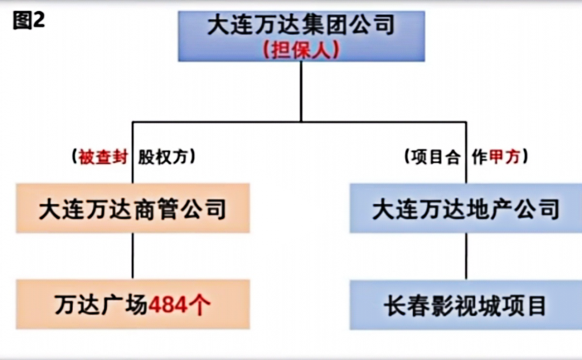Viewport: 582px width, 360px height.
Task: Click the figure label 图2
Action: (29, 20)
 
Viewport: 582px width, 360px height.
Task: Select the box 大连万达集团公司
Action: (301, 36)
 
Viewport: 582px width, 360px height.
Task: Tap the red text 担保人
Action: (301, 50)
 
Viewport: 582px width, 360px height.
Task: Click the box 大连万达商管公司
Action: (133, 208)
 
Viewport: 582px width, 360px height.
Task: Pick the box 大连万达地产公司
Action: (466, 208)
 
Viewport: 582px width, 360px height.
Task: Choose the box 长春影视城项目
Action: (466, 305)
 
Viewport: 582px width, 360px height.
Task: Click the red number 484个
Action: (179, 305)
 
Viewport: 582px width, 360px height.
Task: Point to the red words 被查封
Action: (103, 157)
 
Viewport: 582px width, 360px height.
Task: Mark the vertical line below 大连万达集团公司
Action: (301, 92)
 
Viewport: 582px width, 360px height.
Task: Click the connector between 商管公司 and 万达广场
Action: (133, 256)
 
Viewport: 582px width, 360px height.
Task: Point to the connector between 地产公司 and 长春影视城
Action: (466, 257)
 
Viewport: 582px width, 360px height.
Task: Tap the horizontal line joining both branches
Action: (300, 122)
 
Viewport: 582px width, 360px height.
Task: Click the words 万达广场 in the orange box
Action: (101, 305)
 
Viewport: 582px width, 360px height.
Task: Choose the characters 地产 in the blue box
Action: (489, 209)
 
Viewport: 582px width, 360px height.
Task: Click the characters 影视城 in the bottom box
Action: (465, 306)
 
